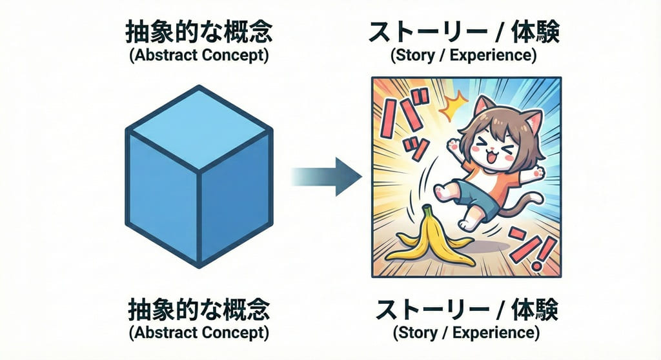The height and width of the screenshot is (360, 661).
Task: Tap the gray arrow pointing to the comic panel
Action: pos(327,177)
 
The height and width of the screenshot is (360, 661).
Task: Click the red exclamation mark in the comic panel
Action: pos(541,253)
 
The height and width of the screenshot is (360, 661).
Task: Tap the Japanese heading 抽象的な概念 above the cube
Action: pos(199,33)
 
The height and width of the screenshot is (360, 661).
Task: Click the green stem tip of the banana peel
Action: pos(427,207)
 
